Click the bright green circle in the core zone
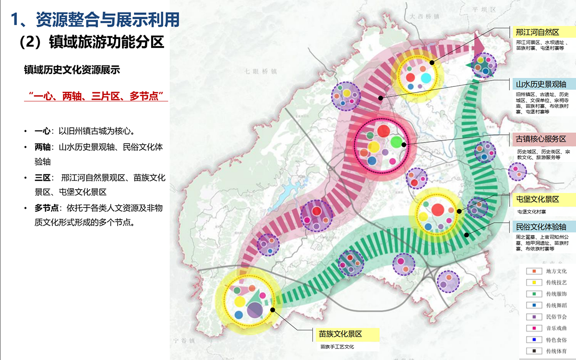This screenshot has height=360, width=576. click(396, 142)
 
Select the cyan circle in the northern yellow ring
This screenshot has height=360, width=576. click(426, 78)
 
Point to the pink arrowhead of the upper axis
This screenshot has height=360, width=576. click(478, 47)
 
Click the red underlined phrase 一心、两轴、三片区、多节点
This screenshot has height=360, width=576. click(98, 95)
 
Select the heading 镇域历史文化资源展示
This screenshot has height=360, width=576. click(72, 70)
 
